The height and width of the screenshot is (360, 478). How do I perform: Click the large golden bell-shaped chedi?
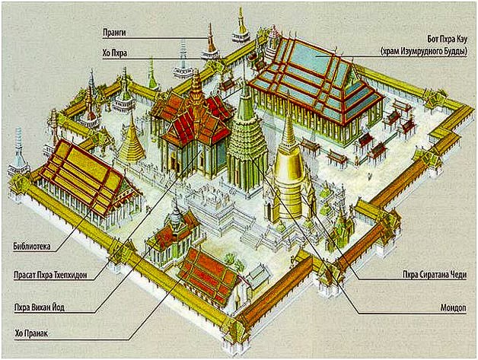289,175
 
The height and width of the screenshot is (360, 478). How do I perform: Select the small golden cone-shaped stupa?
132,142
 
